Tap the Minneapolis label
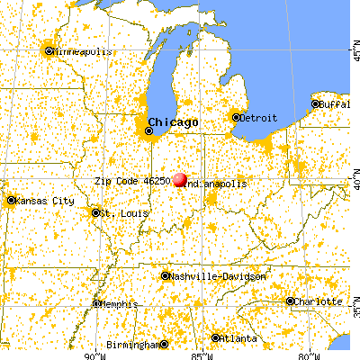[x=83, y=51]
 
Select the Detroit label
[x=259, y=117]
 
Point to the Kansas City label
[x=42, y=200]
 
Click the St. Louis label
[x=119, y=213]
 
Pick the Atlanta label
[x=236, y=338]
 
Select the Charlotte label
[x=319, y=301]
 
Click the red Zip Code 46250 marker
[x=180, y=180]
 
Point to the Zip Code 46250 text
[x=131, y=181]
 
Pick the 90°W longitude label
[x=92, y=354]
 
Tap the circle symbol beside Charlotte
[x=290, y=301]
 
